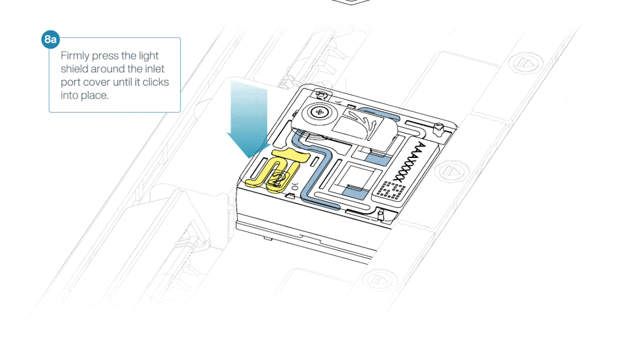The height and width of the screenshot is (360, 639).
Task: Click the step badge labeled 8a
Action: point(50,40)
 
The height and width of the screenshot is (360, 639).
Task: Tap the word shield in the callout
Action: point(73,68)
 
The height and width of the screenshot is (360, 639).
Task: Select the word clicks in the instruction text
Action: point(155,82)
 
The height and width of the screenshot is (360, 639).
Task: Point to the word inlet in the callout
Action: point(155,68)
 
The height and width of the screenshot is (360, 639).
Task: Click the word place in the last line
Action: point(96,95)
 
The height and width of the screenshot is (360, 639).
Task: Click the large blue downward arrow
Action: point(248,119)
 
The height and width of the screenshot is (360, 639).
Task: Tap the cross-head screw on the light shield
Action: point(319,112)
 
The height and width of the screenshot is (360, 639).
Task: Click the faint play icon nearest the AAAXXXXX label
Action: point(452,171)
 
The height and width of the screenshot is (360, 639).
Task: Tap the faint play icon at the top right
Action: point(525,63)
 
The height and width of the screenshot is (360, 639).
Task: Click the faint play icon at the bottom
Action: point(379,279)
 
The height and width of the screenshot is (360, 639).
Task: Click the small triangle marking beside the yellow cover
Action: point(289,196)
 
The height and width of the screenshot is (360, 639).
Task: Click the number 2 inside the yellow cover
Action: point(277,178)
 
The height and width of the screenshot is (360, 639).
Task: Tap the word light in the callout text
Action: point(148,56)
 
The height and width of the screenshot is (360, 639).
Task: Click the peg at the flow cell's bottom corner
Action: point(381,214)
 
